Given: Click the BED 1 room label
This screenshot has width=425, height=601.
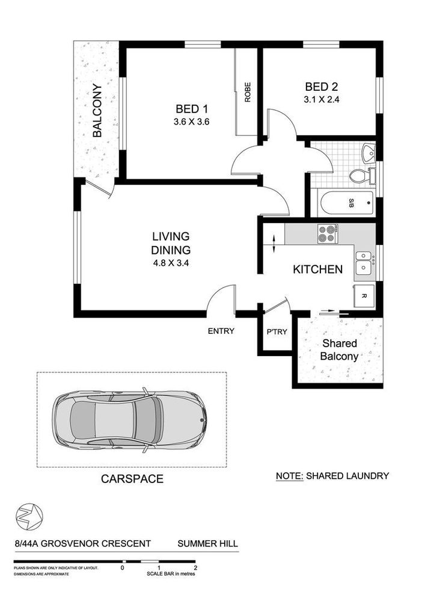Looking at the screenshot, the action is pos(192,109).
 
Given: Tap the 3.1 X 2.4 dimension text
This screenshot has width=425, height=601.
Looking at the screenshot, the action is pos(322,100).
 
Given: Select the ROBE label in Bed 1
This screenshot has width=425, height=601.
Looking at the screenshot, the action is pos(248,92).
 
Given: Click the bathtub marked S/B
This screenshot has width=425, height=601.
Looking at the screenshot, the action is pos(346,203).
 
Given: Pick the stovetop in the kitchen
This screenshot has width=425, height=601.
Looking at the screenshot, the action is pos(328,234).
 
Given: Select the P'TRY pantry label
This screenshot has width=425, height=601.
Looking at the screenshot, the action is pos(277,332).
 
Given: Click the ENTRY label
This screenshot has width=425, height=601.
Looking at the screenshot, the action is pos(221,331).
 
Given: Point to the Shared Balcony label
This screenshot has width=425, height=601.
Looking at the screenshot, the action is pos(339,350).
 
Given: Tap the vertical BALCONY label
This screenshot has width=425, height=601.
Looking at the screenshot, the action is pos(97,110).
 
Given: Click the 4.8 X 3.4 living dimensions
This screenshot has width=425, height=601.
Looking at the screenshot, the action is pos(171,264).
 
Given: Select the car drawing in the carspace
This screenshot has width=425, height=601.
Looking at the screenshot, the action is pos(130,420).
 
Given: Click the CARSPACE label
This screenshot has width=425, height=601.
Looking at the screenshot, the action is pos(132,479).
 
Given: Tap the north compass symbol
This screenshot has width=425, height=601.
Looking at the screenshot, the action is pos(29,516).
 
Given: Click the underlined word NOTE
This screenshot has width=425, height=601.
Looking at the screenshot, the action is pos(290,476).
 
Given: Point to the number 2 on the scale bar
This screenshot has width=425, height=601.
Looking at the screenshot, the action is pos(195,568).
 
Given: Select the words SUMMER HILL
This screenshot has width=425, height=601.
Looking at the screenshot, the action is pos(207,543).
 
